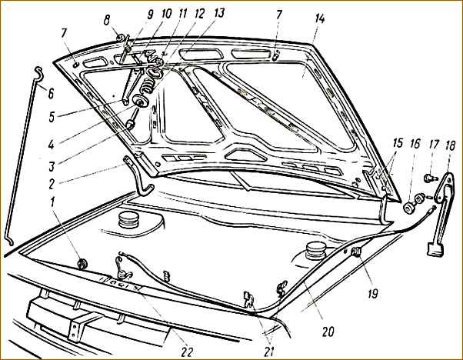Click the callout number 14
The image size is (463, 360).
coord(319,19)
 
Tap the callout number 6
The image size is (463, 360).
coord(51,94)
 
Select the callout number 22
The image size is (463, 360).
coord(187,352)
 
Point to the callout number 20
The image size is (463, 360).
coord(328,332)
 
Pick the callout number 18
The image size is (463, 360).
coord(450,146)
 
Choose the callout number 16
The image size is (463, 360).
coord(415,144)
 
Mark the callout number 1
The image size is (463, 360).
coord(52,203)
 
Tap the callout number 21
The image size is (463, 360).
coord(268,352)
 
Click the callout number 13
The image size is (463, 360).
coord(218,13)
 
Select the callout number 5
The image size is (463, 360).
coord(52,117)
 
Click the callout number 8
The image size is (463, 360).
coord(107,20)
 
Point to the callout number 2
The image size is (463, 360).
coord(52,184)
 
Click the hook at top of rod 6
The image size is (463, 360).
coord(38,72)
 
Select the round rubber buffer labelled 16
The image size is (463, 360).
coord(408,207)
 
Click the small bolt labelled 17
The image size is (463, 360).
coord(429,178)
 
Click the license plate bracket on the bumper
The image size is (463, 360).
coord(79,326)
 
